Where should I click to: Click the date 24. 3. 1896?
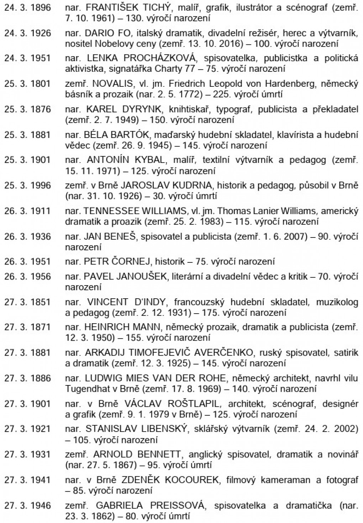(x=27, y=7)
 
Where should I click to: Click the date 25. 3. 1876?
(x=27, y=110)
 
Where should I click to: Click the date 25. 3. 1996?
(x=27, y=186)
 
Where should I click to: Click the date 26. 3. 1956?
(x=27, y=277)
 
